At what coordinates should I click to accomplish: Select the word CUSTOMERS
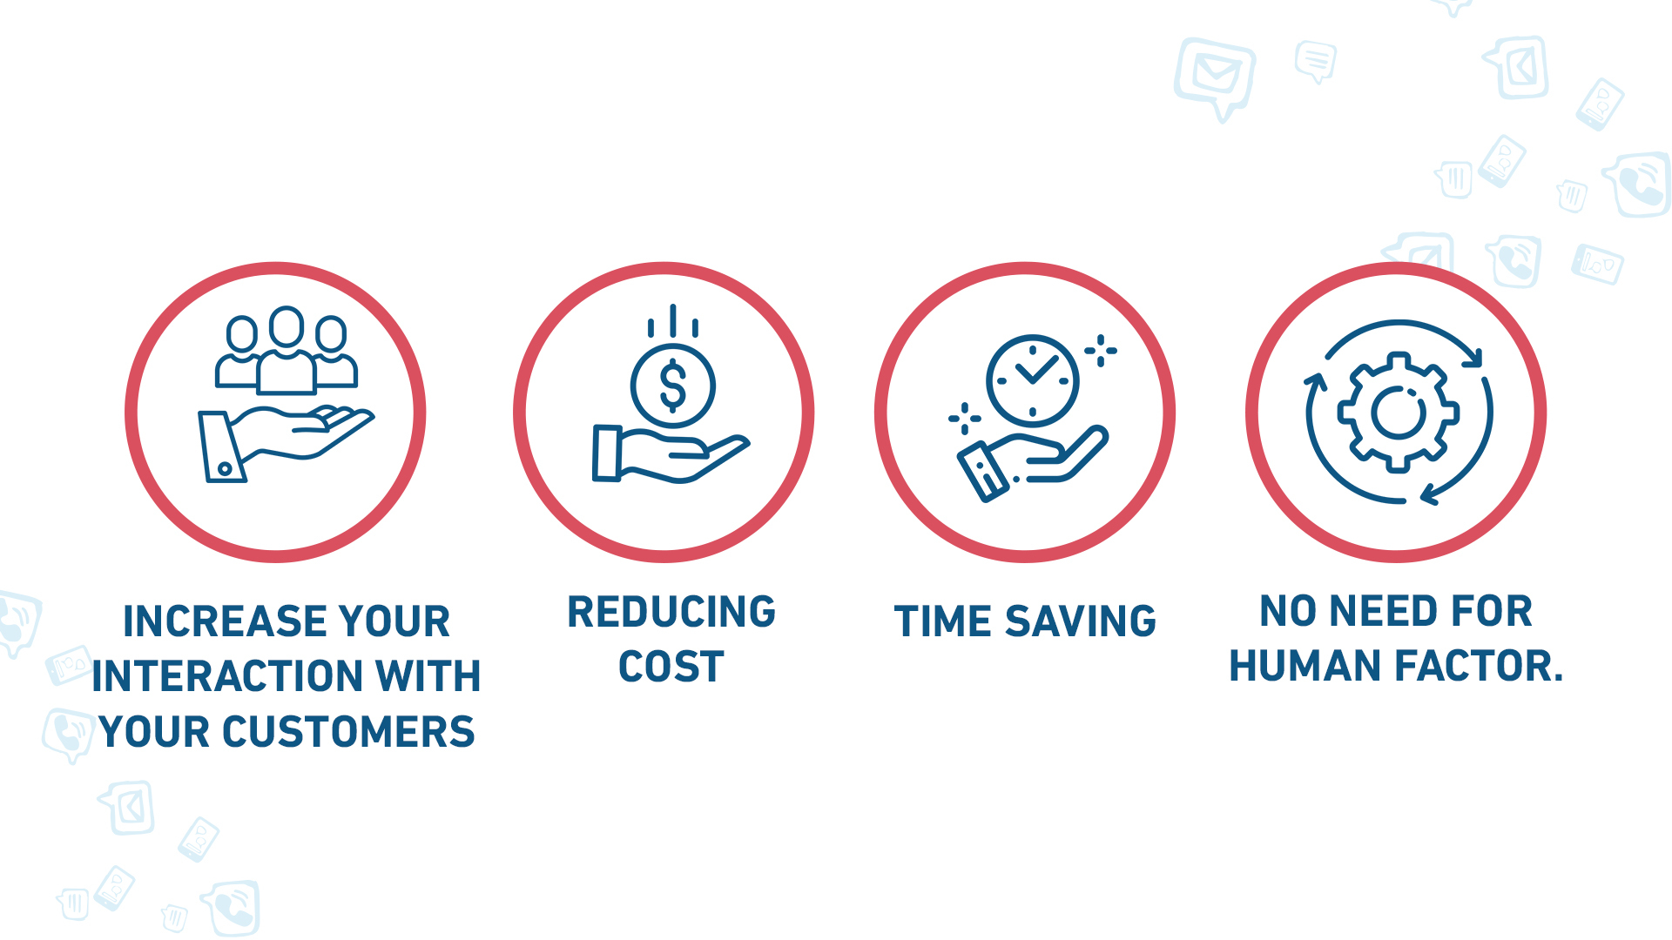click(x=348, y=732)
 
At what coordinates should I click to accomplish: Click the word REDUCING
click(x=671, y=612)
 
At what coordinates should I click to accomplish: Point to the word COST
click(x=671, y=668)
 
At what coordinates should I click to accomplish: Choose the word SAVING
click(x=1081, y=621)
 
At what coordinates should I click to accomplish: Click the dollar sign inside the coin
click(x=673, y=386)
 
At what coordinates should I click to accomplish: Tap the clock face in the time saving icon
click(x=1033, y=380)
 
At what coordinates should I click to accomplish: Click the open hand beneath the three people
click(x=287, y=444)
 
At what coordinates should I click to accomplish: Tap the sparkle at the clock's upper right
click(x=1101, y=351)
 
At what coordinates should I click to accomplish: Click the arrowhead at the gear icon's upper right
click(x=1473, y=357)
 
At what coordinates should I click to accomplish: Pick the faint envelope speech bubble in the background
click(x=1216, y=77)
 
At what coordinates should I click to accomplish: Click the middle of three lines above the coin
click(x=672, y=320)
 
